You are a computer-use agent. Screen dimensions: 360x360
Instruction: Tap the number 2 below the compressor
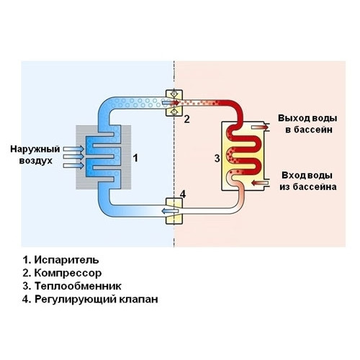click(x=186, y=119)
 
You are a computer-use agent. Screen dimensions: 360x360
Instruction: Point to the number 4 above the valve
click(x=183, y=194)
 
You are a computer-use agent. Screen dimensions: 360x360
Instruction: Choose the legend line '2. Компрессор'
click(x=63, y=273)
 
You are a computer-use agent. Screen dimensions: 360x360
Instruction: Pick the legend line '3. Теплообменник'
click(x=67, y=286)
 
